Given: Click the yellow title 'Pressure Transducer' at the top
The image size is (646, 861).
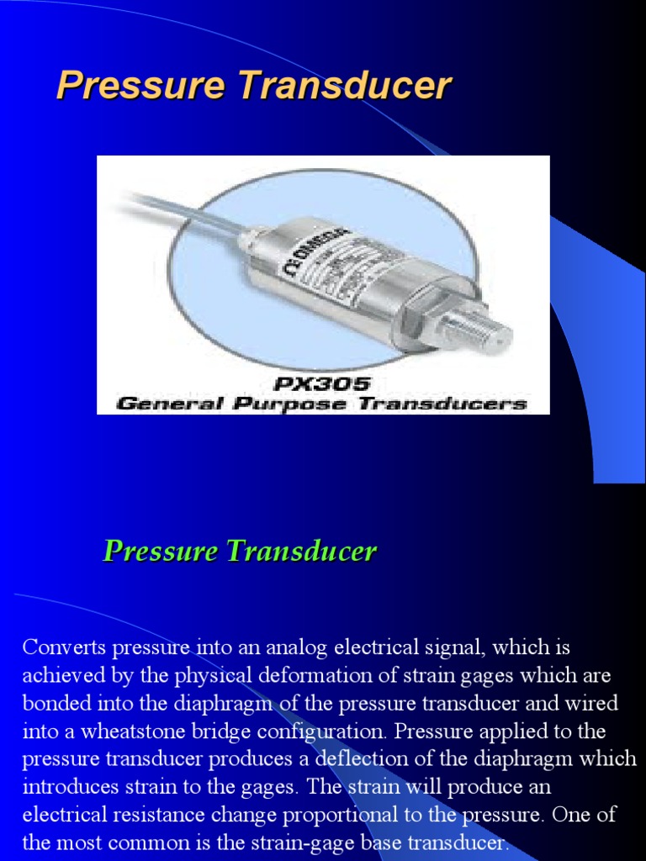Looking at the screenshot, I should (x=253, y=87).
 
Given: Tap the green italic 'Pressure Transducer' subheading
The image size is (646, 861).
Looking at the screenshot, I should (x=240, y=552).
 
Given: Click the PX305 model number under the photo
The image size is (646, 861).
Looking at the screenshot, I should (x=322, y=383).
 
